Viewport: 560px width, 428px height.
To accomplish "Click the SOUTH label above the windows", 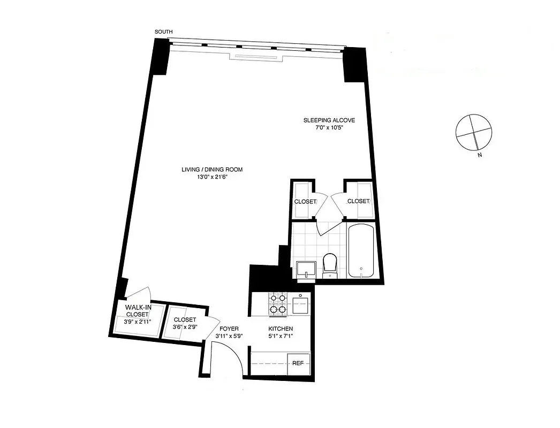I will (163, 32).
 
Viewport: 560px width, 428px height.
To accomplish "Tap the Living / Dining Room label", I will (212, 170).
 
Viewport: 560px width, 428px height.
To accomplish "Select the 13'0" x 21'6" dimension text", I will (212, 178).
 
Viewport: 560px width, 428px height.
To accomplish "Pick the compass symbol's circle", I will (472, 132).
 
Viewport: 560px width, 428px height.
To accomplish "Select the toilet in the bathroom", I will (329, 264).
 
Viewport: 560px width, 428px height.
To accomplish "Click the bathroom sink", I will (306, 270).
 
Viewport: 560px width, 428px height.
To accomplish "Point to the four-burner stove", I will (277, 303).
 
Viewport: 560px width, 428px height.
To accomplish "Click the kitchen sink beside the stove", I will (300, 305).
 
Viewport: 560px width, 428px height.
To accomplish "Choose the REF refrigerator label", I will (298, 363).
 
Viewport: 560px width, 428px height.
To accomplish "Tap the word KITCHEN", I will (281, 328).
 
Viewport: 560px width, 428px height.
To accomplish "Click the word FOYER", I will (228, 328).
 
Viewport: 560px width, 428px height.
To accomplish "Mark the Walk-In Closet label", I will (137, 311).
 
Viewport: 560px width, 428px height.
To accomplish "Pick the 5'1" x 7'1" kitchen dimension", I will (281, 336).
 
